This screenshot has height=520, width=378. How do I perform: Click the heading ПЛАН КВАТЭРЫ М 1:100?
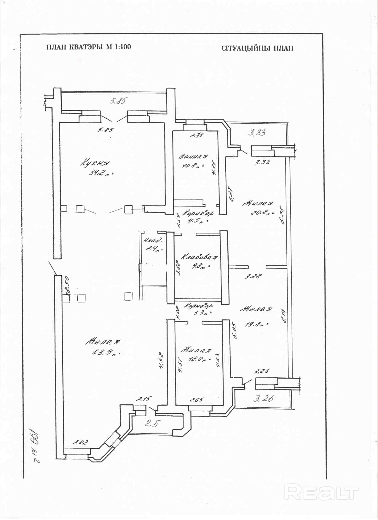[88, 47]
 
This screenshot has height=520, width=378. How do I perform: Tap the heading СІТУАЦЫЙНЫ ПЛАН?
[257, 48]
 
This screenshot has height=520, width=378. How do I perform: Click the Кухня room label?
[95, 163]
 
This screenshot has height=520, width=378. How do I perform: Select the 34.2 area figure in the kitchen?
[100, 173]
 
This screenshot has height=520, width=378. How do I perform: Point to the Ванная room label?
[194, 156]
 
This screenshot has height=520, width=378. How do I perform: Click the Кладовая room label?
[199, 257]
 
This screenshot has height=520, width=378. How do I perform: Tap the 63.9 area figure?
[104, 352]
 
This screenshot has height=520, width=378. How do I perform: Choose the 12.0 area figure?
[197, 359]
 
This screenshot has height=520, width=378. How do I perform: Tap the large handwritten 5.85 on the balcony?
[118, 101]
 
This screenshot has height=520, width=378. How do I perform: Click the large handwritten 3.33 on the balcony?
[257, 133]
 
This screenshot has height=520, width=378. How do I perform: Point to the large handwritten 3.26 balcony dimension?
[263, 398]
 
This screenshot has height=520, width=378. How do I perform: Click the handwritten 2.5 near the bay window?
[151, 423]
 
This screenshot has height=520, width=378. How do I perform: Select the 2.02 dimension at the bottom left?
[80, 442]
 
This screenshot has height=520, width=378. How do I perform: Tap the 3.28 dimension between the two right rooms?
[253, 276]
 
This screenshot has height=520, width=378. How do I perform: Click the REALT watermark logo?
[321, 492]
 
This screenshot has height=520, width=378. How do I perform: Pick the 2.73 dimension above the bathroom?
[197, 135]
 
